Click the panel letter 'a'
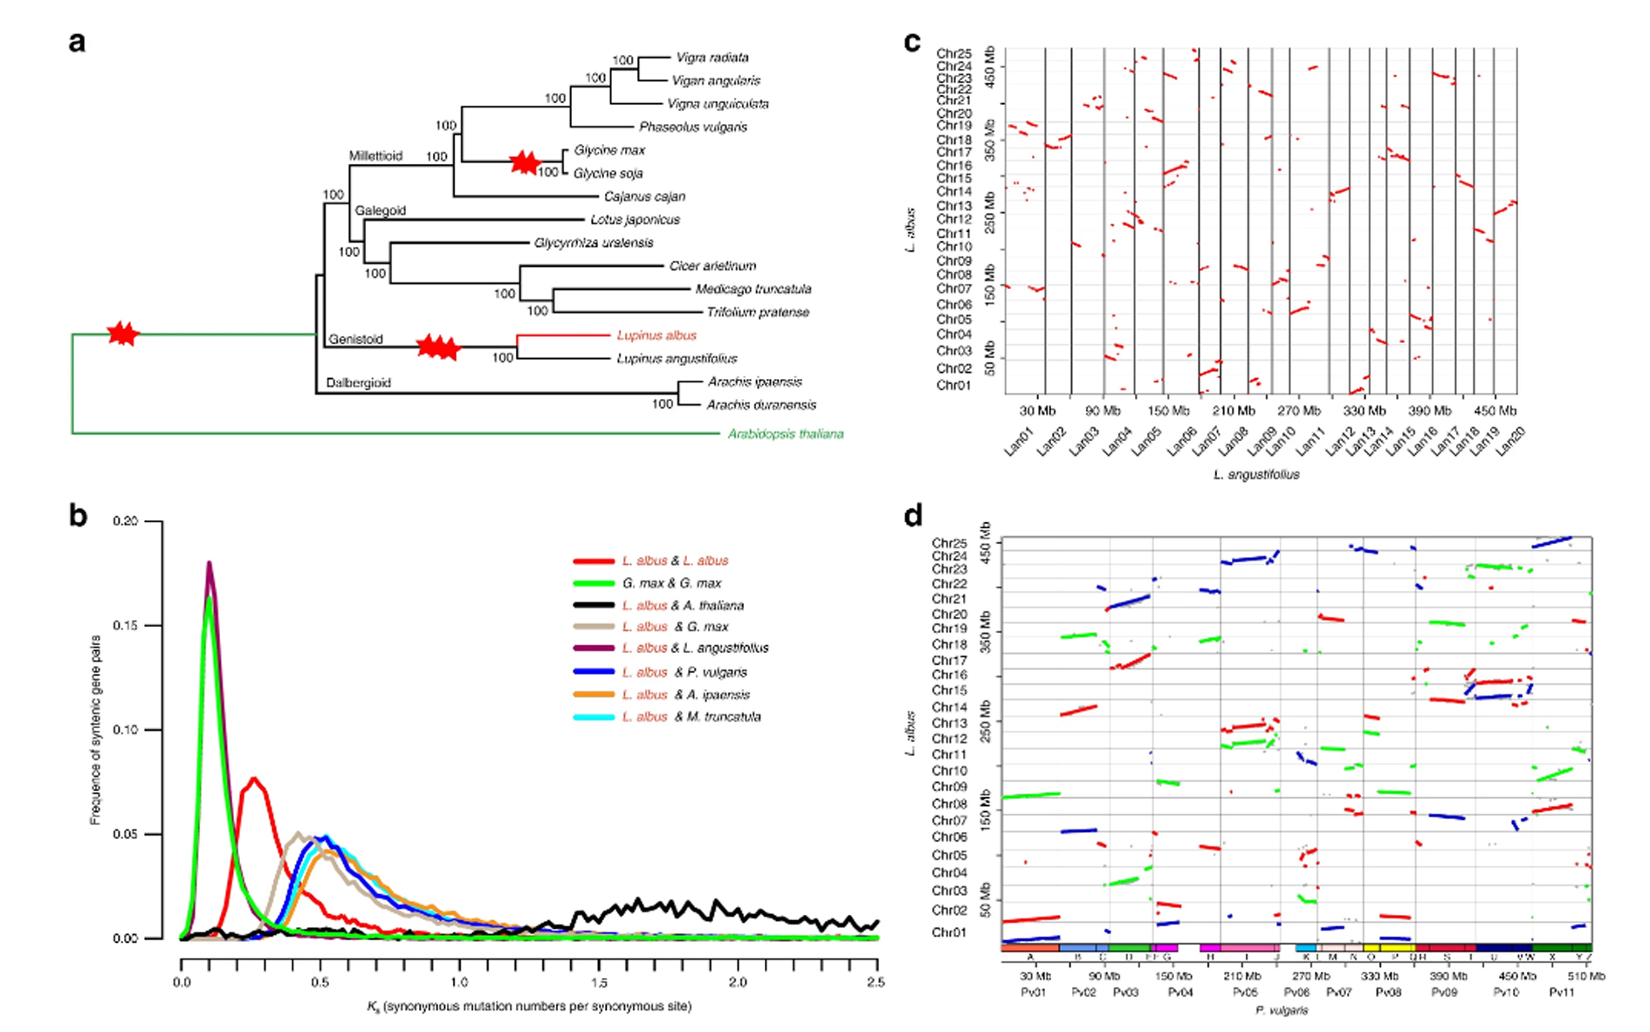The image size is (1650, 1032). pyautogui.click(x=78, y=42)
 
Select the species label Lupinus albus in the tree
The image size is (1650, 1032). pyautogui.click(x=657, y=335)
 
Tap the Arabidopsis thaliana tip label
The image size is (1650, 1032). pyautogui.click(x=786, y=434)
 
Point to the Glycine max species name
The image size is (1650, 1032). pyautogui.click(x=609, y=150)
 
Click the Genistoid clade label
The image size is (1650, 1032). pyautogui.click(x=355, y=340)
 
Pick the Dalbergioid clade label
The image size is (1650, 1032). pyautogui.click(x=358, y=382)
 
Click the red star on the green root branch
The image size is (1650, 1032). pyautogui.click(x=122, y=333)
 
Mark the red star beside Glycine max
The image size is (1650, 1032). pyautogui.click(x=524, y=162)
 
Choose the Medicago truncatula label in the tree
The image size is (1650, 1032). pyautogui.click(x=753, y=289)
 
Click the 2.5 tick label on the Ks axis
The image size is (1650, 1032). pyautogui.click(x=876, y=982)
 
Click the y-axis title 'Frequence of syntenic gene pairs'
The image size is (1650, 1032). pyautogui.click(x=96, y=730)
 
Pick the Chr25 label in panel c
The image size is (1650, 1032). pyautogui.click(x=953, y=54)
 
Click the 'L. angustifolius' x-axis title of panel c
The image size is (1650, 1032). pyautogui.click(x=1256, y=475)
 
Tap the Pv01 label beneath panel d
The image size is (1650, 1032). pyautogui.click(x=1033, y=993)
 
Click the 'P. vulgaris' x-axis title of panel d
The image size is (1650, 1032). pyautogui.click(x=1282, y=1010)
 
